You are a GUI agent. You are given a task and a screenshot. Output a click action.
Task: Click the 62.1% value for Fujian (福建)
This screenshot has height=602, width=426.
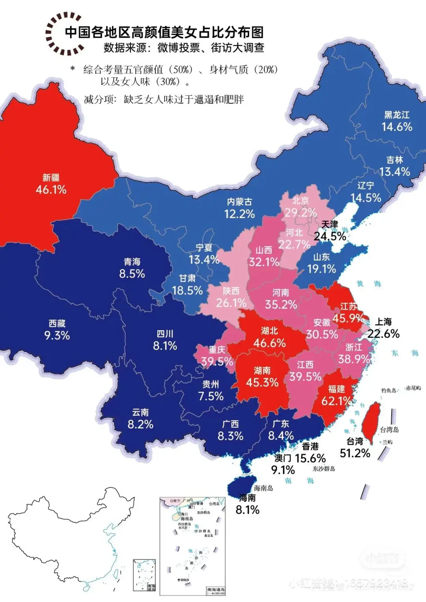click(336, 401)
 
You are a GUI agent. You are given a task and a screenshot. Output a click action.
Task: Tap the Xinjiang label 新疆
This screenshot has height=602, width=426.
click(51, 178)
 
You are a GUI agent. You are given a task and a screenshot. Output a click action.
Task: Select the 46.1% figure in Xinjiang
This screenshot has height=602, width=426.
click(51, 190)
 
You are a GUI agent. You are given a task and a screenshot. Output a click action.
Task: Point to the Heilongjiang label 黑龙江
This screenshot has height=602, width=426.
click(397, 115)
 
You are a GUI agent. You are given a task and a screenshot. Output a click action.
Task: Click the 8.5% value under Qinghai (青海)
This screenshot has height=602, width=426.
click(132, 274)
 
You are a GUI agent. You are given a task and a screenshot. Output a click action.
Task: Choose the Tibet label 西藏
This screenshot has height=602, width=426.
click(57, 323)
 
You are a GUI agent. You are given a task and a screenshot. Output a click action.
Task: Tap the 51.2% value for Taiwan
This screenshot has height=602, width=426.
click(355, 453)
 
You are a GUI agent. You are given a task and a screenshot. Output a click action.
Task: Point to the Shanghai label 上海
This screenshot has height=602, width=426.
click(383, 322)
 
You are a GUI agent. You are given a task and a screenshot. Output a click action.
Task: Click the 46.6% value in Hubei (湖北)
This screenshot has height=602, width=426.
click(269, 343)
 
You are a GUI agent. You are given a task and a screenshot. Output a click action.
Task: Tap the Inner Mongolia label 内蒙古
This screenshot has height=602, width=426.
click(239, 202)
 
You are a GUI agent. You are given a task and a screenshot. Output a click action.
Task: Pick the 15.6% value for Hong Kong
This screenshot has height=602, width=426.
click(310, 459)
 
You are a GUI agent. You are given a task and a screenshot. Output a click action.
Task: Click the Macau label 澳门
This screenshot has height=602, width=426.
click(283, 458)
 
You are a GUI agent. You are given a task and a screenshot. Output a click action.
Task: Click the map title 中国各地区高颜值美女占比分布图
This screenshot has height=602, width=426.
click(164, 32)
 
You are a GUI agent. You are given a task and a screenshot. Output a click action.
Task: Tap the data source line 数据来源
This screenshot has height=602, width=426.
click(184, 48)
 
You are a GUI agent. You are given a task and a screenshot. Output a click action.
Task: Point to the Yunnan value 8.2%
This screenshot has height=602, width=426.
click(140, 425)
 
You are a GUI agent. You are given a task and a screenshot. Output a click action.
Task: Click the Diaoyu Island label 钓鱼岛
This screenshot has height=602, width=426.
click(389, 390)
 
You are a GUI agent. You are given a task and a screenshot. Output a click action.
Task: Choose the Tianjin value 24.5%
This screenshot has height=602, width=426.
click(330, 236)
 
